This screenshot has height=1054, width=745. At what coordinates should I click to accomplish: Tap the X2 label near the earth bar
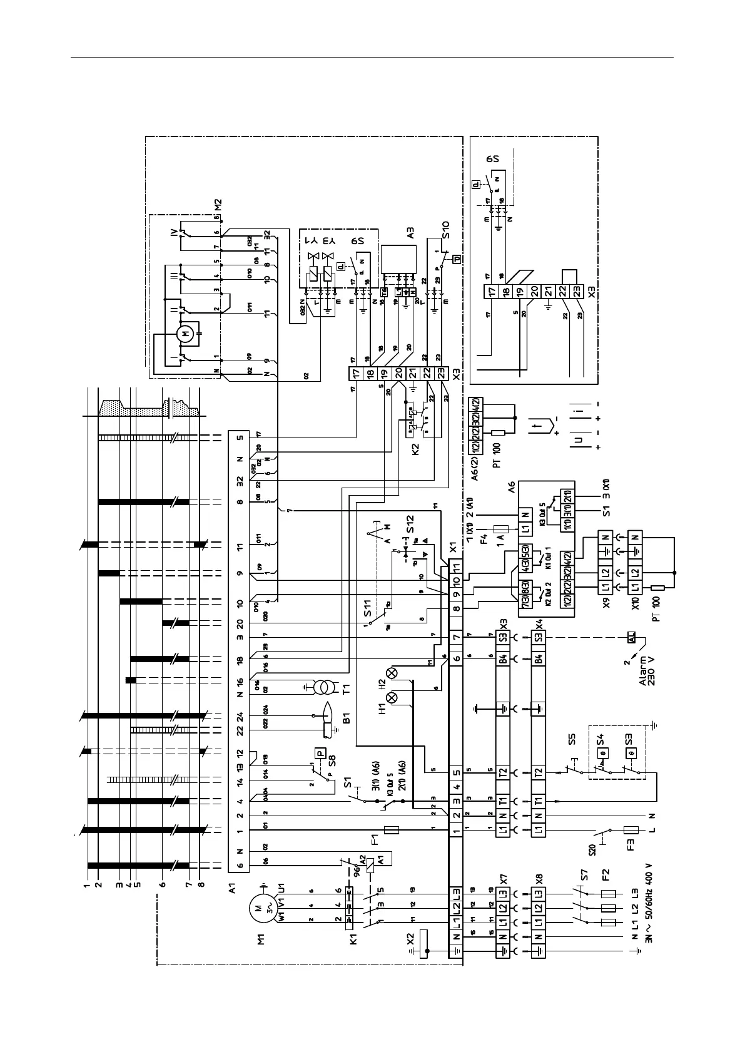(x=410, y=939)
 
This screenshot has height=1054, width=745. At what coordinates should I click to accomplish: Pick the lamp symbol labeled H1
(x=392, y=697)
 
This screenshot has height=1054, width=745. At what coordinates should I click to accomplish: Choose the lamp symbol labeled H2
(x=392, y=673)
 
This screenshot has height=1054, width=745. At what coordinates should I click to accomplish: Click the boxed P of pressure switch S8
(x=321, y=753)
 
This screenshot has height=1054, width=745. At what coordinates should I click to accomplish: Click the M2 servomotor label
(x=218, y=205)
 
